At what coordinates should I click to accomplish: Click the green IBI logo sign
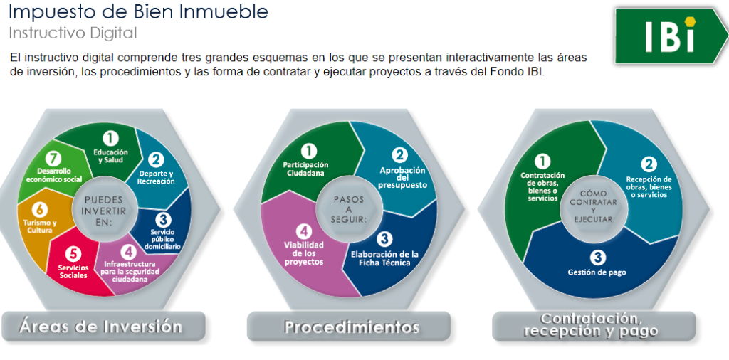click(x=672, y=36)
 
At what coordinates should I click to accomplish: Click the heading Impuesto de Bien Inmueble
click(x=139, y=12)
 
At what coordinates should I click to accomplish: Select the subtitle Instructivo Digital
click(x=73, y=33)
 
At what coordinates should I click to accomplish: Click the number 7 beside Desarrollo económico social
click(x=55, y=159)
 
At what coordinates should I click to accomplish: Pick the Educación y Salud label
click(x=110, y=156)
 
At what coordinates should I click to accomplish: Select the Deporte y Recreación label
click(x=156, y=177)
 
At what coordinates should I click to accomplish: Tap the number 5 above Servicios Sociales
click(x=73, y=254)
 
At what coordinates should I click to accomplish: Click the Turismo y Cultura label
click(x=40, y=226)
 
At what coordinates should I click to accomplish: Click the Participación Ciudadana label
click(x=306, y=169)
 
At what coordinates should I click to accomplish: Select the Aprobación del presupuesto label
click(x=402, y=177)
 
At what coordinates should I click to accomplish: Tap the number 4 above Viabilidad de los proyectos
click(x=303, y=231)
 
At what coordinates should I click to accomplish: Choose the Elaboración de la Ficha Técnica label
click(x=384, y=258)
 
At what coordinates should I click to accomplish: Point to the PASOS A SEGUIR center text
click(x=349, y=209)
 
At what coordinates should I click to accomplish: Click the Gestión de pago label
click(x=597, y=272)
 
